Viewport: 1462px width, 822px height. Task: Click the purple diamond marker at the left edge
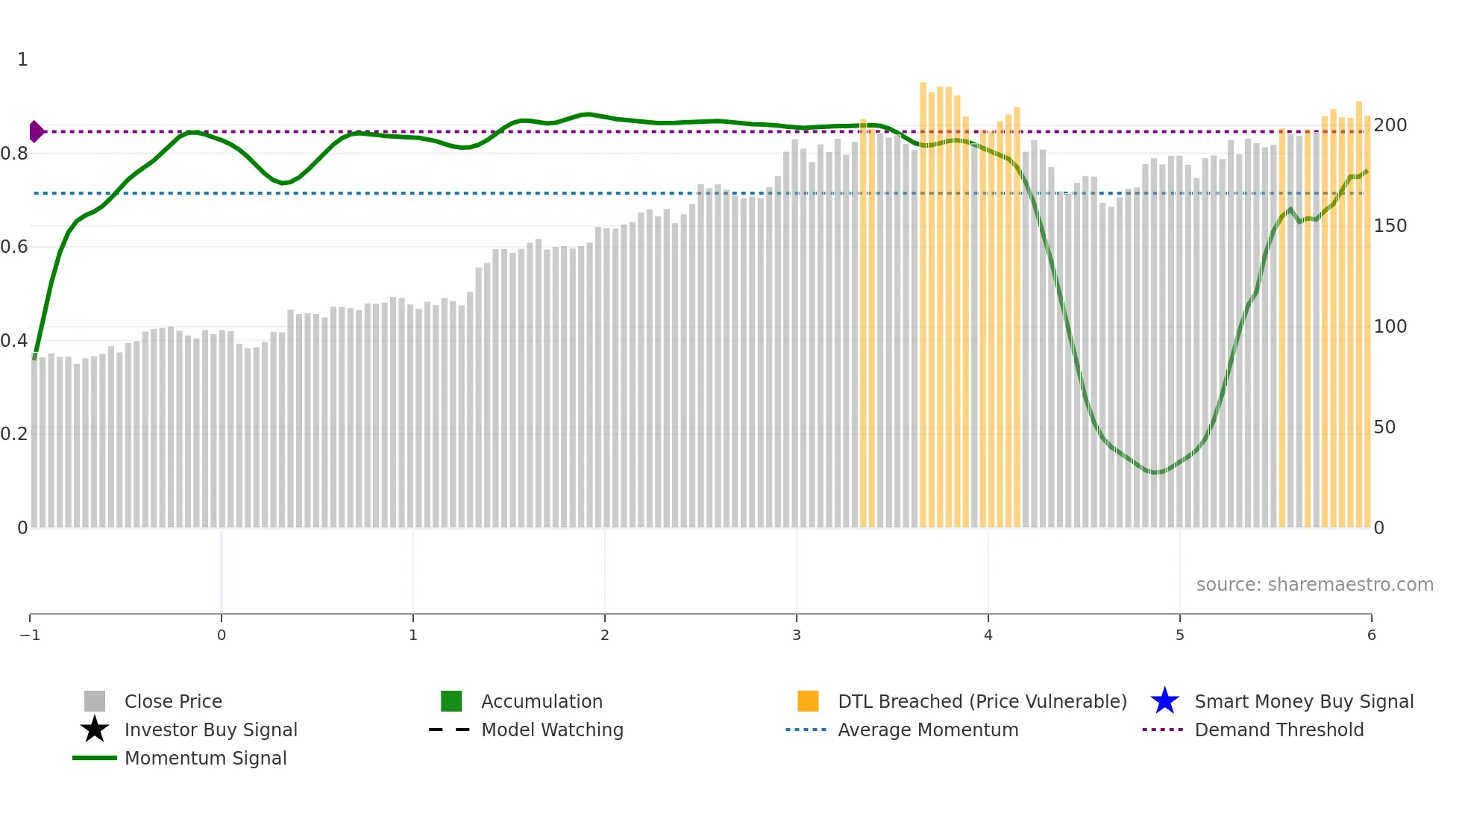[x=36, y=131]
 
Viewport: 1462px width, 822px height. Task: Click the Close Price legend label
[x=173, y=701]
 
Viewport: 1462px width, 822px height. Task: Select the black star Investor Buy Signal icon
[x=95, y=730]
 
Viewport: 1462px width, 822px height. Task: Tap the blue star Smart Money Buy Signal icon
[x=1164, y=701]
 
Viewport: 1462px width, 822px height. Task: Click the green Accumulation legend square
[x=451, y=701]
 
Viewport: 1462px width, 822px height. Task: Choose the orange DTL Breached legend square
[x=808, y=701]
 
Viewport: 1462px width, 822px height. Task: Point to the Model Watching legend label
[x=552, y=730]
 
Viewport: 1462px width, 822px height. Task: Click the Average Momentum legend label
[x=928, y=730]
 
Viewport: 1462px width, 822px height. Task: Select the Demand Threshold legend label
[x=1279, y=730]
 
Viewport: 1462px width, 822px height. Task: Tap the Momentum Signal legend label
[x=205, y=758]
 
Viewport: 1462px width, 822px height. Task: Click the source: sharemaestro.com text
[x=1314, y=584]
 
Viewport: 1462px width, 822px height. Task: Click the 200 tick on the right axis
[x=1390, y=125]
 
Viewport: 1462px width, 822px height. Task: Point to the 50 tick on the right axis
[x=1384, y=427]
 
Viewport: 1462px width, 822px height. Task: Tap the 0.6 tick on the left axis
[x=14, y=246]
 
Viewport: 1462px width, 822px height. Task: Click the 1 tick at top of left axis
[x=22, y=59]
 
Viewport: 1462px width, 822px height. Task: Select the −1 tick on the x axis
[x=30, y=635]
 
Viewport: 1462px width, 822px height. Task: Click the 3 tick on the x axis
[x=797, y=635]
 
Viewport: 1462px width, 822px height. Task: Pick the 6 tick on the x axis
[x=1371, y=635]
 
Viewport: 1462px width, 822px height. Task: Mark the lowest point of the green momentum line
[x=1154, y=472]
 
